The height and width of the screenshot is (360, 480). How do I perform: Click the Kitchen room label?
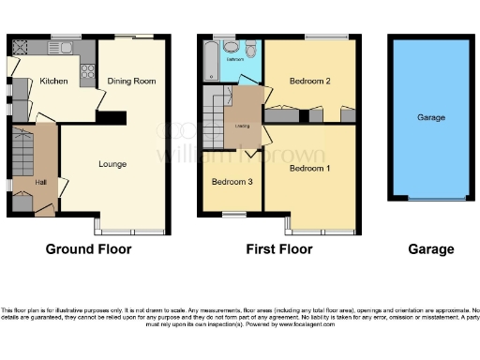tap(53, 82)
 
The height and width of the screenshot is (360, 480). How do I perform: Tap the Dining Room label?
tap(132, 82)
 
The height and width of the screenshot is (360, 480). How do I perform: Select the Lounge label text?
tap(112, 164)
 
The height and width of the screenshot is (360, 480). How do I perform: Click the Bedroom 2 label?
tap(310, 82)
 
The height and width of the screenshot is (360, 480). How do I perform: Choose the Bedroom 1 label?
tap(309, 169)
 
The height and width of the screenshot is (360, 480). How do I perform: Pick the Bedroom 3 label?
tap(231, 181)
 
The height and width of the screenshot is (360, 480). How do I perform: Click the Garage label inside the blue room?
tap(430, 117)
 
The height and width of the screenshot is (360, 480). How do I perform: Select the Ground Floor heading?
tap(89, 249)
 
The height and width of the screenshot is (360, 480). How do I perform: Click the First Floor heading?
tap(279, 249)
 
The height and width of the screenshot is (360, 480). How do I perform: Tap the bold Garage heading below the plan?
tap(430, 249)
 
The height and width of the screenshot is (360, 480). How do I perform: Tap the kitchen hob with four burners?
tap(87, 68)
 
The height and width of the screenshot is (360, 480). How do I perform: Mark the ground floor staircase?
tap(22, 150)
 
